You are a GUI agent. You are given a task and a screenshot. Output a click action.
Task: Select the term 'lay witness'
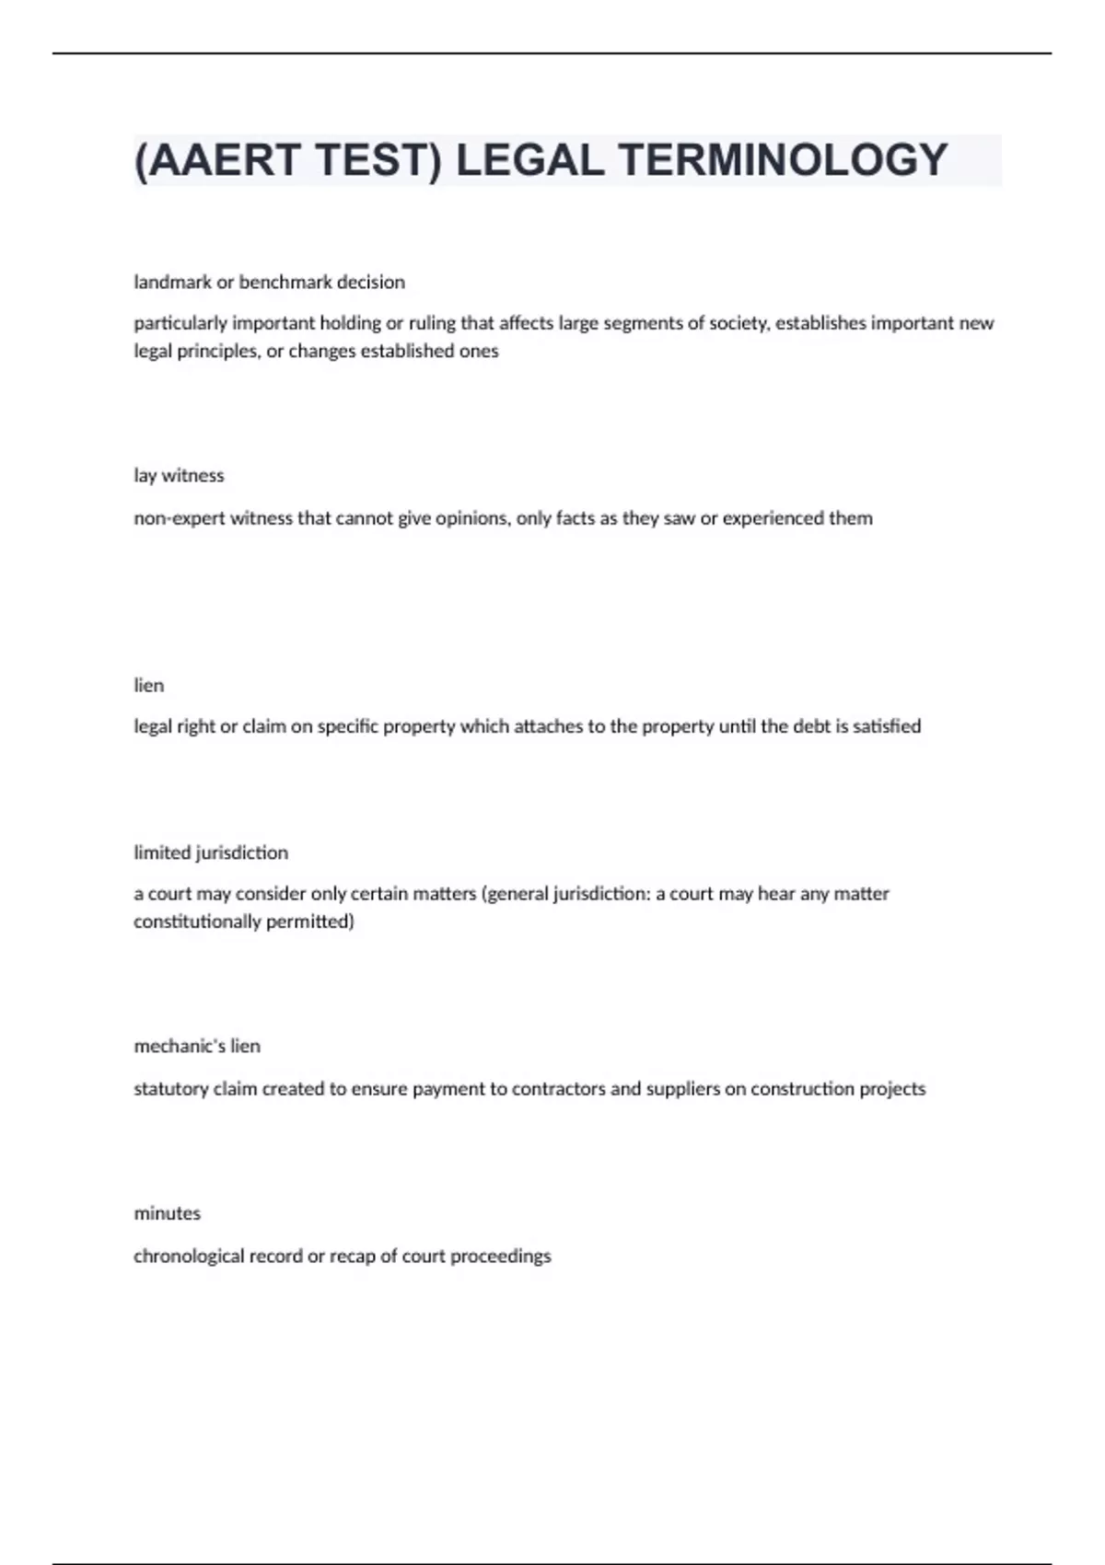point(179,475)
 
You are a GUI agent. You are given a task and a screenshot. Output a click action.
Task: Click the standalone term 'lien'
point(148,685)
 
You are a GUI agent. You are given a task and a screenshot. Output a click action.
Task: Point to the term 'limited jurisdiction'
point(211,852)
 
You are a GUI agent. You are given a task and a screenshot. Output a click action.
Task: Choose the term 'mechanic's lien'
point(197,1046)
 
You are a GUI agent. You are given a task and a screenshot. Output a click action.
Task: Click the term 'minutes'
point(167,1213)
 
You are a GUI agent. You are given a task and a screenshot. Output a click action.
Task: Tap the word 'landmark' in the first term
point(172,282)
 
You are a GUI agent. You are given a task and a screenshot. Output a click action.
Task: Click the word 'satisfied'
point(887,726)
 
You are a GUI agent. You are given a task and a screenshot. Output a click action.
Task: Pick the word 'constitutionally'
point(197,922)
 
